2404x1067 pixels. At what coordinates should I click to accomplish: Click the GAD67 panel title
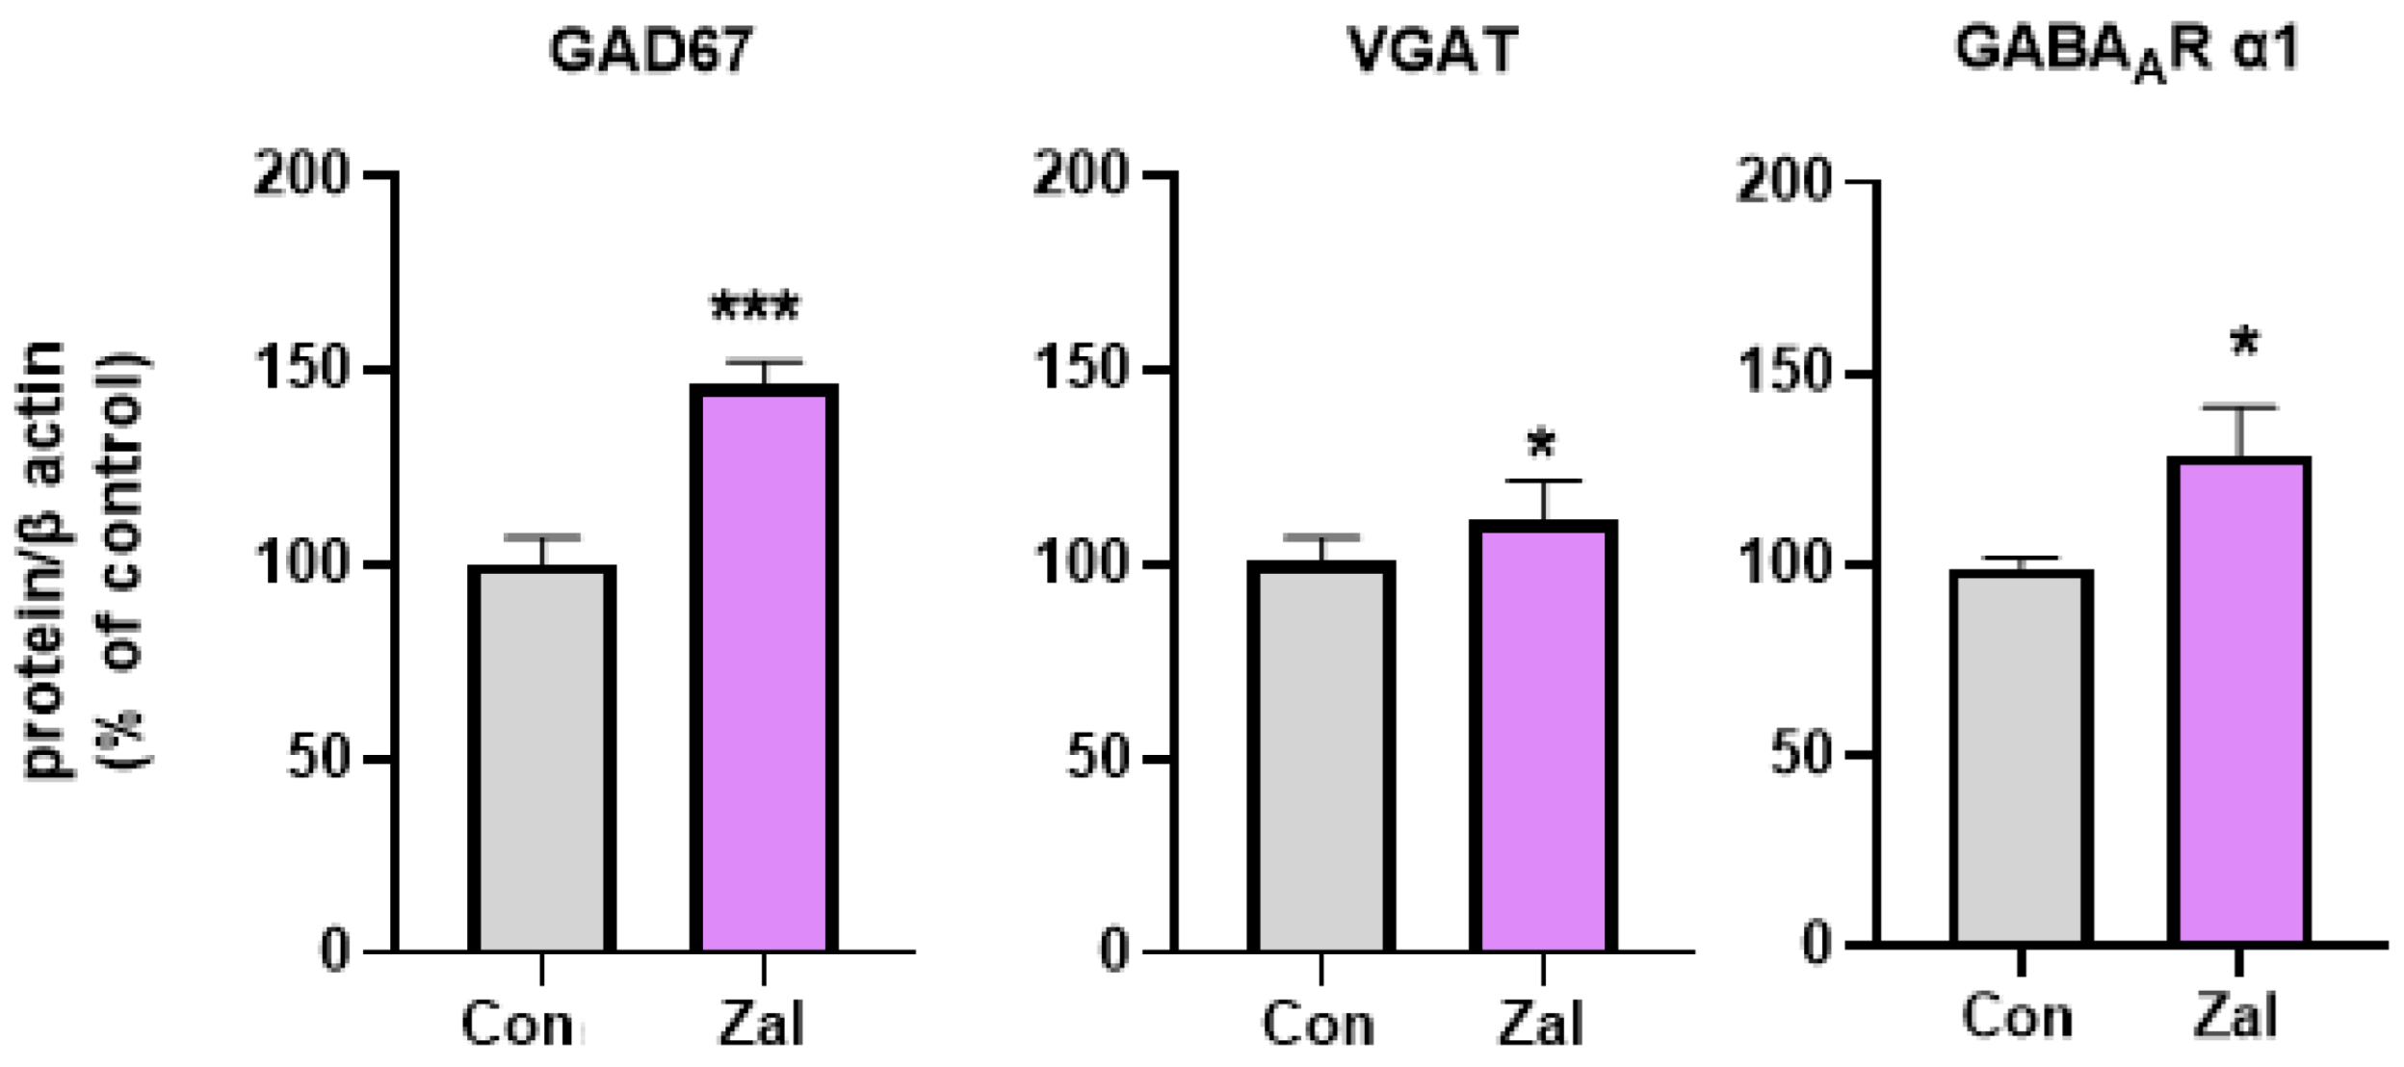[x=650, y=50]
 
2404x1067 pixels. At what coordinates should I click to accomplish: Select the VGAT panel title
[x=1432, y=50]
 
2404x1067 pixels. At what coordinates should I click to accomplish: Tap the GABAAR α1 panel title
[x=2127, y=50]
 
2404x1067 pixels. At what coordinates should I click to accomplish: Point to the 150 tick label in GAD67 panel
[x=300, y=369]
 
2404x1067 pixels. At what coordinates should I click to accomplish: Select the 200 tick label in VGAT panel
[x=1080, y=174]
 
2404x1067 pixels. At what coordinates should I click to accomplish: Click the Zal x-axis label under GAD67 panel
[x=761, y=1024]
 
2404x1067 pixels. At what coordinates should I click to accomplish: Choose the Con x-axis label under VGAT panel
[x=1318, y=1024]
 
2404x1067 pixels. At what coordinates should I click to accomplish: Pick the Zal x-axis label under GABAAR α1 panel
[x=2235, y=1016]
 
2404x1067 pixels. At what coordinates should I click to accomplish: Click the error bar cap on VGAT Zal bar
[x=1543, y=481]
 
